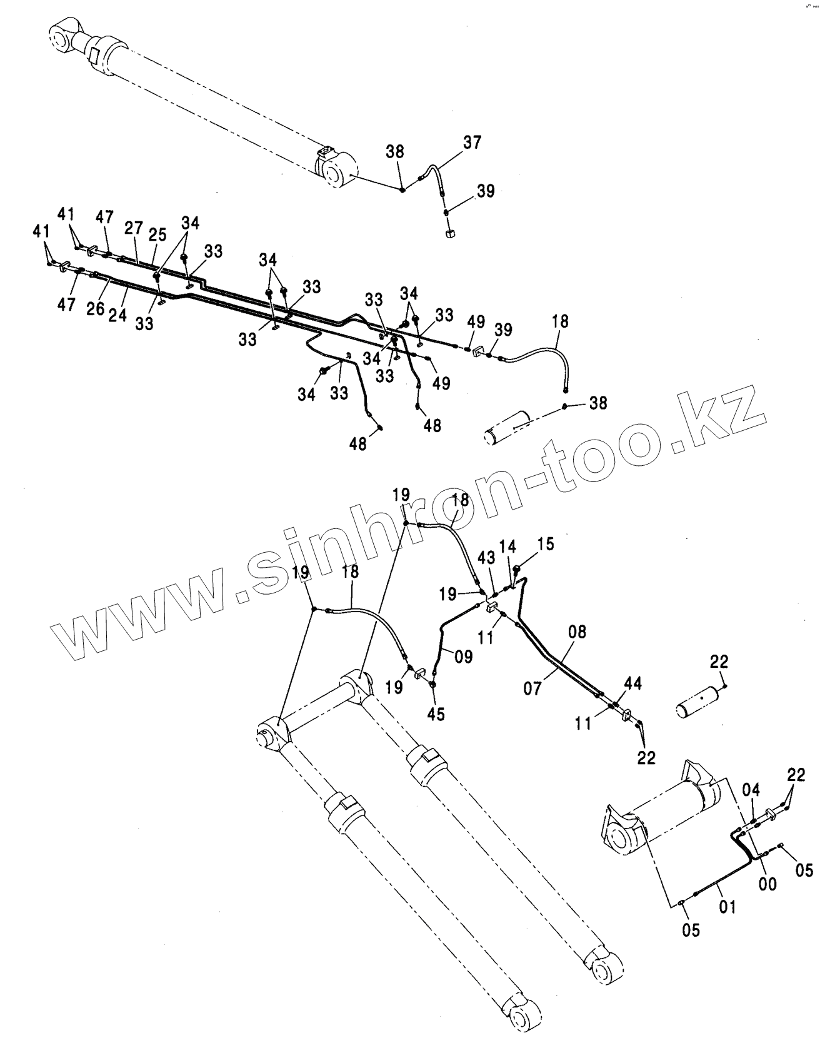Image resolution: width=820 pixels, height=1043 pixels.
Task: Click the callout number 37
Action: coord(472,143)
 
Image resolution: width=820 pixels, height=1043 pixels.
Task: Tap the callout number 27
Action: coord(133,228)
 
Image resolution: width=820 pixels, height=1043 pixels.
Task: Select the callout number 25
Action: coord(157,235)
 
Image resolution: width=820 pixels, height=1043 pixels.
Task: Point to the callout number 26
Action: coord(96,309)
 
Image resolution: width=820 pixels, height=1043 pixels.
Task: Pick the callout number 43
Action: coord(487,557)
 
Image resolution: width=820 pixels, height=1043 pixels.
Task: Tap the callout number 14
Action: coord(508,547)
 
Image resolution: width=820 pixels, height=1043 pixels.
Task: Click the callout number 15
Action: coord(545,544)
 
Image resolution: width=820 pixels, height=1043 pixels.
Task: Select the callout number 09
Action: coord(463,656)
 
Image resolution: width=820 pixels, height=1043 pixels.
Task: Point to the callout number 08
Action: coord(577,632)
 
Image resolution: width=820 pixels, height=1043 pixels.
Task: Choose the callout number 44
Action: coord(632,685)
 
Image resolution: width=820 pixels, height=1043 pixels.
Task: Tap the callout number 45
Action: coord(436,714)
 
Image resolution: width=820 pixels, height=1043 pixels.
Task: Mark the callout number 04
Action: coord(751,789)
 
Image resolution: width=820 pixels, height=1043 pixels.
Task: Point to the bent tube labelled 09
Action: coord(442,644)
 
